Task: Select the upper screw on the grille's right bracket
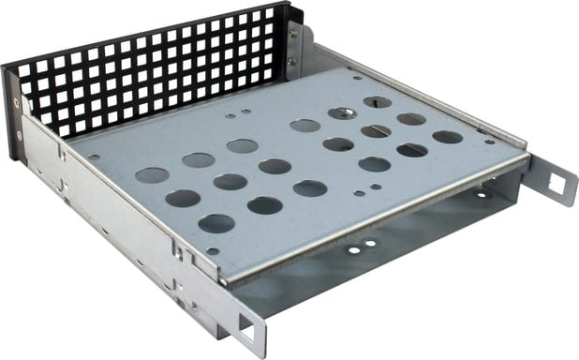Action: click(293, 36)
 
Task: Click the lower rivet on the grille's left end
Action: click(18, 134)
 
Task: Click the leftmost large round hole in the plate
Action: click(151, 174)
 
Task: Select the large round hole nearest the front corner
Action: click(216, 223)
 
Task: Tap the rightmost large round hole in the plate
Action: click(448, 137)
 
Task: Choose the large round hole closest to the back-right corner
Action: click(378, 101)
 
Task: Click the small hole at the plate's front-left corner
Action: click(213, 251)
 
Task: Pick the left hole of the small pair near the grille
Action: click(230, 117)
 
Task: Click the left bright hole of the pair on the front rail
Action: click(354, 249)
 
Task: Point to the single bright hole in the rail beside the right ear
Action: click(480, 195)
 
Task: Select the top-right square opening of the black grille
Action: click(269, 16)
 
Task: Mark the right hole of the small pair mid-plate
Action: click(376, 187)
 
